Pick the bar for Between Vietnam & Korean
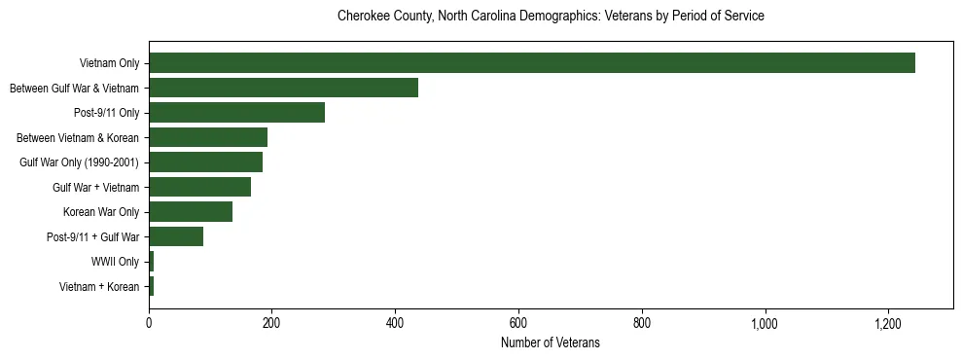pyautogui.click(x=208, y=137)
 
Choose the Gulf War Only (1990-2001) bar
pyautogui.click(x=205, y=162)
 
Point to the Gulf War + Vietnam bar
pyautogui.click(x=199, y=187)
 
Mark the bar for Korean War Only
pyautogui.click(x=191, y=212)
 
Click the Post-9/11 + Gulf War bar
pyautogui.click(x=176, y=236)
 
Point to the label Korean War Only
pyautogui.click(x=101, y=212)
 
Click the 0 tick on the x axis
pyautogui.click(x=149, y=323)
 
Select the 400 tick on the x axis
pyautogui.click(x=395, y=323)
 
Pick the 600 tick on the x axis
pyautogui.click(x=518, y=323)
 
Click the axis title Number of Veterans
pyautogui.click(x=550, y=342)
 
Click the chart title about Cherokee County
pyautogui.click(x=550, y=17)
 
